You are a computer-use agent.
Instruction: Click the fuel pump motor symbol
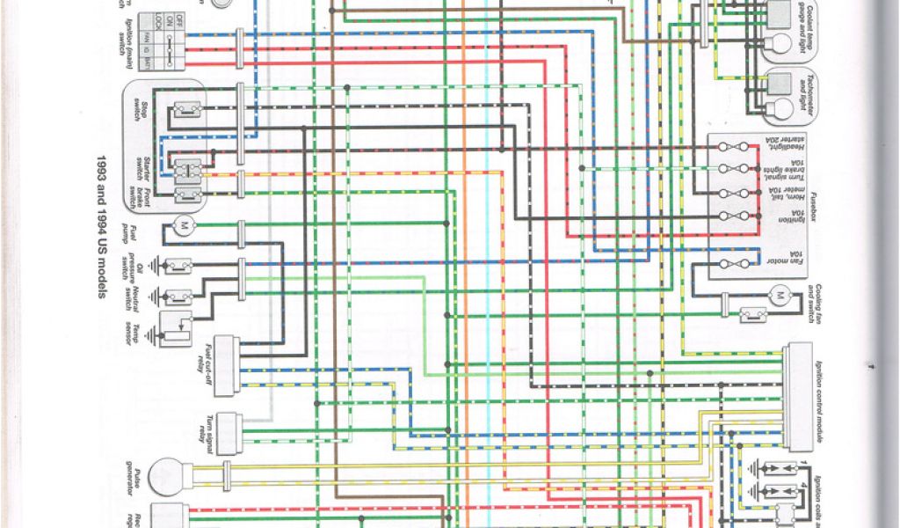(x=185, y=225)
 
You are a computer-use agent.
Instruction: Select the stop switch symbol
(x=186, y=110)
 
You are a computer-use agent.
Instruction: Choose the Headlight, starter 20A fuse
(x=735, y=146)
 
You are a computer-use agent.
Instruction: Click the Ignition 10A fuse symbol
(x=735, y=216)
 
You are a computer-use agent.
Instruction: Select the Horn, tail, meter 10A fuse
(x=735, y=193)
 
